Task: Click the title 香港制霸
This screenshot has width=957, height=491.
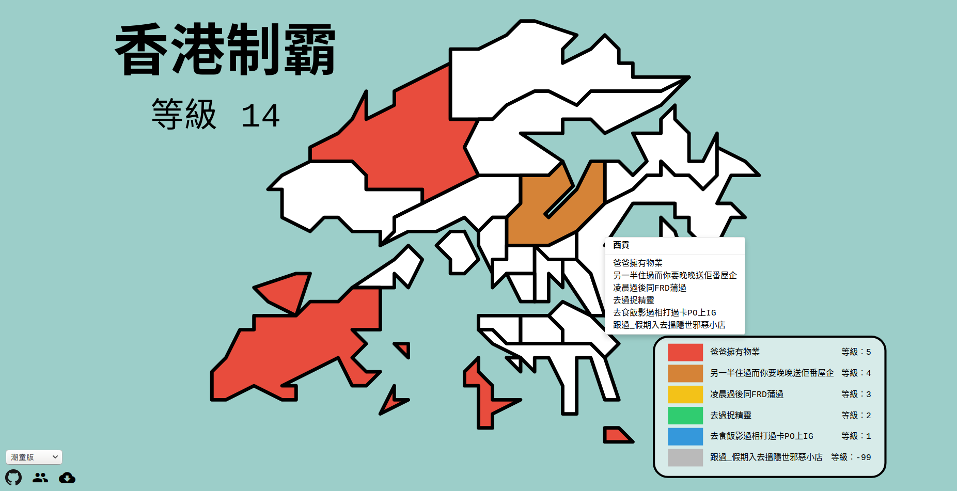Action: point(225,50)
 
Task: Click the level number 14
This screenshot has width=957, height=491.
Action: point(260,116)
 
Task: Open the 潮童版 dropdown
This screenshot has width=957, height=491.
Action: point(34,457)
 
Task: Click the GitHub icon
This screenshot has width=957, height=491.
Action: point(14,478)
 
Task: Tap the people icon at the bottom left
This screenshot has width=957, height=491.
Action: point(40,478)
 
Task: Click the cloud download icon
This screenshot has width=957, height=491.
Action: point(67,478)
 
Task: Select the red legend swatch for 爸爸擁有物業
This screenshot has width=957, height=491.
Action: point(685,352)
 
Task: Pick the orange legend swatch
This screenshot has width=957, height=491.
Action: point(685,373)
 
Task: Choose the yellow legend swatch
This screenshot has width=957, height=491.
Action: point(685,394)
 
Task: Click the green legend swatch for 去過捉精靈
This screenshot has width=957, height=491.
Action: point(685,415)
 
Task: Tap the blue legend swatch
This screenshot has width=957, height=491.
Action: point(685,436)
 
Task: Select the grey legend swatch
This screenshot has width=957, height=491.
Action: point(685,457)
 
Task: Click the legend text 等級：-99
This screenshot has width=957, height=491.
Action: point(851,457)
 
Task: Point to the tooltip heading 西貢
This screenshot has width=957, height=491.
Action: point(621,245)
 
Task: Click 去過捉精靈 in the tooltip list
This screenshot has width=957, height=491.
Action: point(634,300)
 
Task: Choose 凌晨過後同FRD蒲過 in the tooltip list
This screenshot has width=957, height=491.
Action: point(650,288)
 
